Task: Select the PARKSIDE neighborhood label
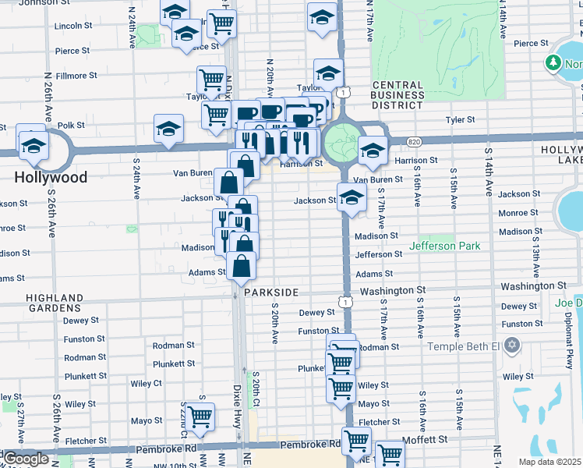pyautogui.click(x=271, y=292)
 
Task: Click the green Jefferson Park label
pyautogui.click(x=445, y=246)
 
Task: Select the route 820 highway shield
pyautogui.click(x=414, y=141)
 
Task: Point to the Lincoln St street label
pyautogui.click(x=75, y=26)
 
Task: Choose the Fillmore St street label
pyautogui.click(x=76, y=76)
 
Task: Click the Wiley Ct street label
pyautogui.click(x=147, y=383)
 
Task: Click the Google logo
pyautogui.click(x=26, y=459)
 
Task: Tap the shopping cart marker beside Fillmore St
pyautogui.click(x=212, y=79)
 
